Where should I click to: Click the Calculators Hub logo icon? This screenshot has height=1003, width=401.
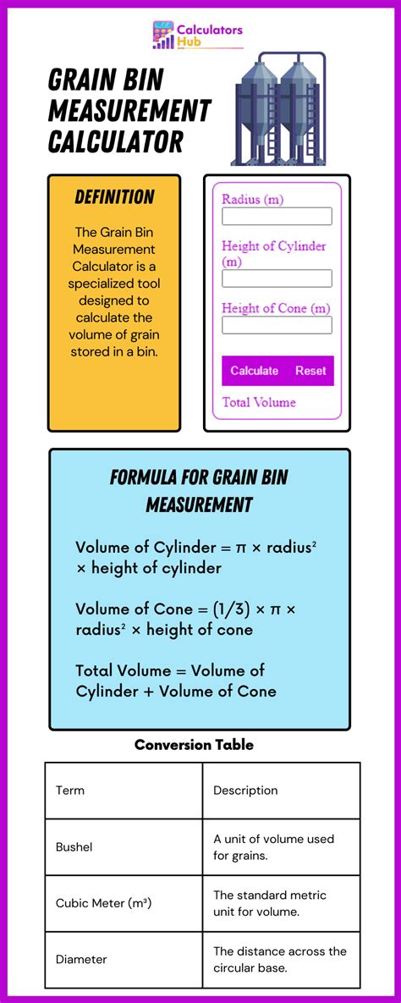tap(163, 36)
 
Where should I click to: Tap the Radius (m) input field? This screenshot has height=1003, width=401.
tap(277, 217)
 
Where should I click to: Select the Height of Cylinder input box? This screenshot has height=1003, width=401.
tap(277, 278)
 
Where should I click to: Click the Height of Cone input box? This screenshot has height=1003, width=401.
tap(277, 325)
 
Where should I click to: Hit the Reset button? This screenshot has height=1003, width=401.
tap(310, 371)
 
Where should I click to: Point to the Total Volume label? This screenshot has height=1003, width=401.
tap(259, 402)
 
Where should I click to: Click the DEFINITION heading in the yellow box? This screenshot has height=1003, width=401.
tap(114, 197)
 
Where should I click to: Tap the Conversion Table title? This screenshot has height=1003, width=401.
tap(194, 745)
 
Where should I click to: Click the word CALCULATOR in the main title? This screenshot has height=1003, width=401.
tap(115, 141)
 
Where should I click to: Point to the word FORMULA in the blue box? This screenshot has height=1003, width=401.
tap(146, 477)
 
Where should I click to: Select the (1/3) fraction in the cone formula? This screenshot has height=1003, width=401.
tap(208, 609)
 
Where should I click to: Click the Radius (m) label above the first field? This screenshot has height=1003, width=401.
tap(252, 199)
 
